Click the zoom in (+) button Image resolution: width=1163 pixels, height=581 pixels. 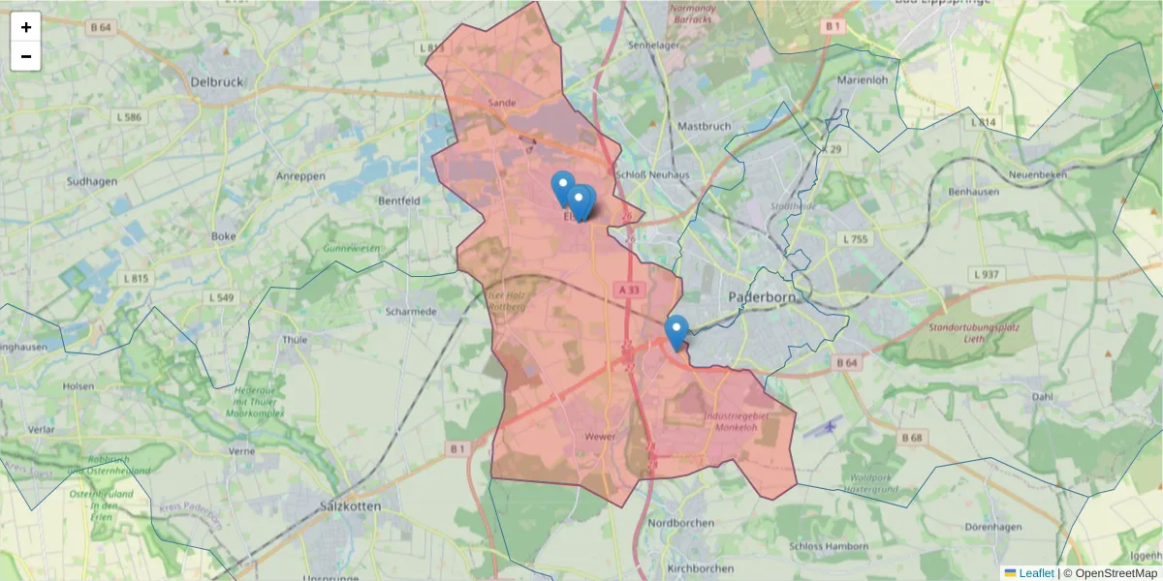(x=25, y=27)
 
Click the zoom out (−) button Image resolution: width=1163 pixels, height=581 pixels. (x=25, y=56)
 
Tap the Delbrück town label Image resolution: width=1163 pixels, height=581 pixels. (x=218, y=82)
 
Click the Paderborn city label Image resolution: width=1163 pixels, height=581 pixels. (x=761, y=297)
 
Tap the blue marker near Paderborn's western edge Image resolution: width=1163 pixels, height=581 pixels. (x=676, y=332)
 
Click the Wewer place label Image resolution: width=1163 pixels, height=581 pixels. (x=600, y=437)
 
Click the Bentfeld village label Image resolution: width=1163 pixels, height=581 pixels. (x=399, y=201)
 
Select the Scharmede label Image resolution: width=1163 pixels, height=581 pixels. (x=411, y=312)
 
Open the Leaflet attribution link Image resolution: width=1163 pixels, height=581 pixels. (x=1035, y=573)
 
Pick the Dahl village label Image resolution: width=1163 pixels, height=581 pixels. (x=1042, y=396)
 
